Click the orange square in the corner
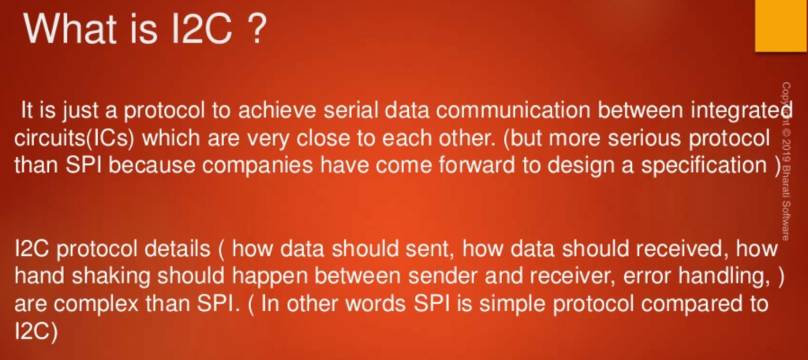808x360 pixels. coord(781,26)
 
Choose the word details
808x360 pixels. coord(175,249)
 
